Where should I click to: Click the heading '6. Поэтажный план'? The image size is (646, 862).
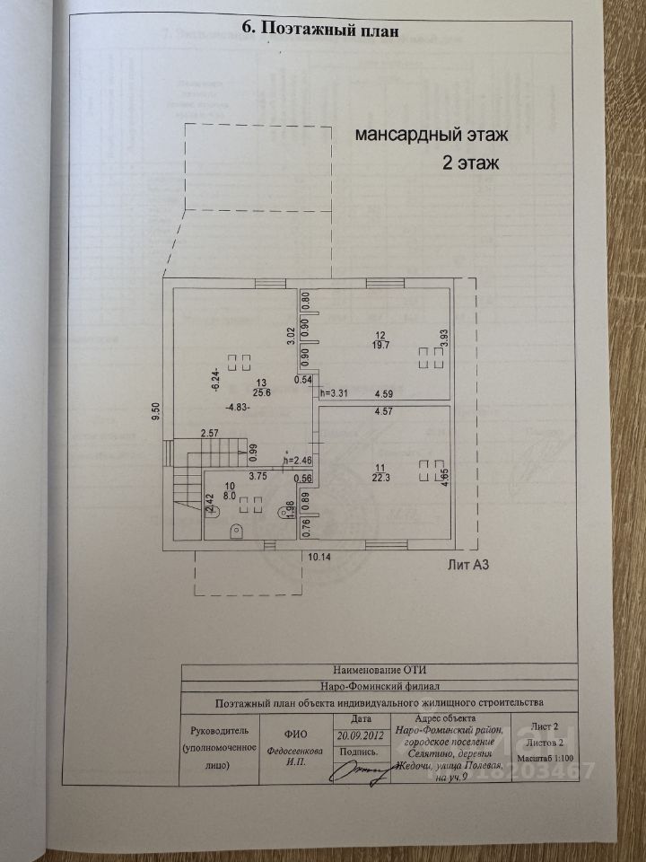319,27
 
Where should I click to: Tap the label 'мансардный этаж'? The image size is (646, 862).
432,136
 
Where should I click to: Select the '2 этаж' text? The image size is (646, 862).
470,164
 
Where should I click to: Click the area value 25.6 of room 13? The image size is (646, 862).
234,392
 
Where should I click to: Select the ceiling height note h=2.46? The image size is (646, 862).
298,461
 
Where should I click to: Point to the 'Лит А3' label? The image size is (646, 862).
472,565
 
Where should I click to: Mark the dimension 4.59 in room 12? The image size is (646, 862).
383,392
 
